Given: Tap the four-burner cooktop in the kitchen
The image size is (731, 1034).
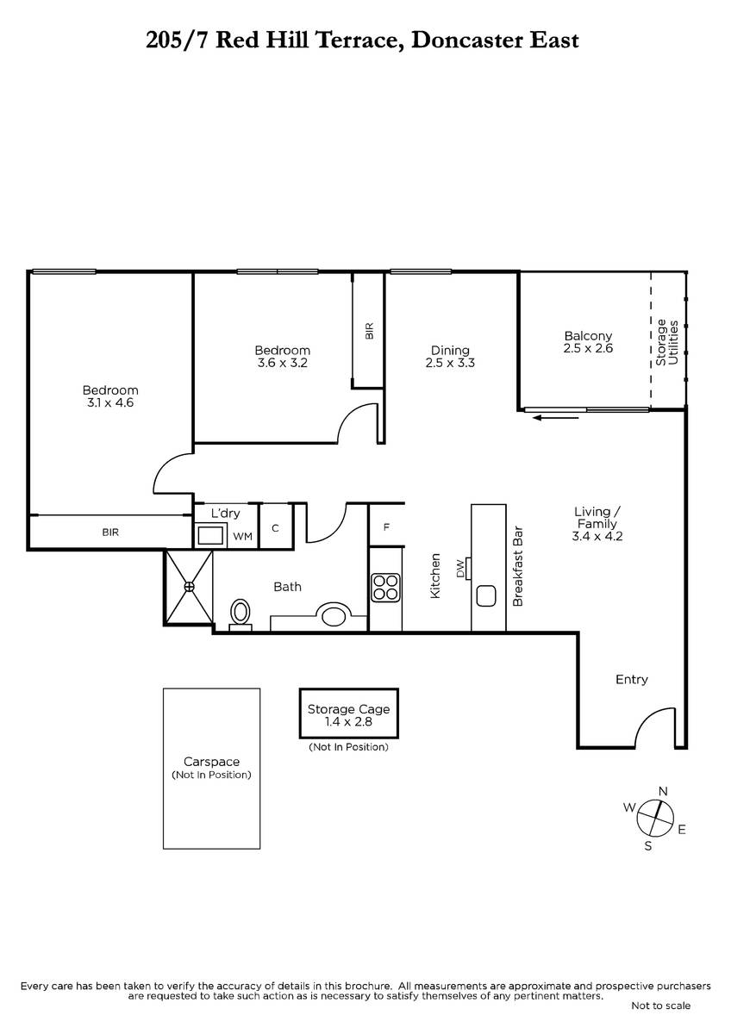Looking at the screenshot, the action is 385,588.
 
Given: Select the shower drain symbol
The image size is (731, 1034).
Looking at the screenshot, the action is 189,587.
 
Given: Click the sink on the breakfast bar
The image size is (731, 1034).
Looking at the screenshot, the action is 486,596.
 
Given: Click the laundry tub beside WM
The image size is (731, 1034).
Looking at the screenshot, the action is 210,535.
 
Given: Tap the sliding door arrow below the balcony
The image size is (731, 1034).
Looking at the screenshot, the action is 555,418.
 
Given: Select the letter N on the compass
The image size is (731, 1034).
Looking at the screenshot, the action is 663,791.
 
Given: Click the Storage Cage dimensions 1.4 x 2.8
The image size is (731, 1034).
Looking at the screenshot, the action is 348,721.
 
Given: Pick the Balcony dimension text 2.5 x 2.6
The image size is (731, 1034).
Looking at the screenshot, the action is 588,348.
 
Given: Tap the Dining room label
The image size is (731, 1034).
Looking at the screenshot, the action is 450,351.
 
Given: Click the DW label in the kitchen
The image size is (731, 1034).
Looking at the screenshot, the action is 460,568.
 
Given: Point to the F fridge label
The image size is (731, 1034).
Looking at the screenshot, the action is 386,526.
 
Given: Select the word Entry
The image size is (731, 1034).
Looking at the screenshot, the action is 632,680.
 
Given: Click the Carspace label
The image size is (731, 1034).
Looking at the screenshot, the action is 211,762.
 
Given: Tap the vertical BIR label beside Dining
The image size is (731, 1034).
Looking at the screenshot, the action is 369,331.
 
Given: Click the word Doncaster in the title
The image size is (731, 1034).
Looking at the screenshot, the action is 467,40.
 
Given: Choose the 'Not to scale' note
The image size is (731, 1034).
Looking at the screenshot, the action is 661,1006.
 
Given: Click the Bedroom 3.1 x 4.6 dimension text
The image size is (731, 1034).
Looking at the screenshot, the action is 110,402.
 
